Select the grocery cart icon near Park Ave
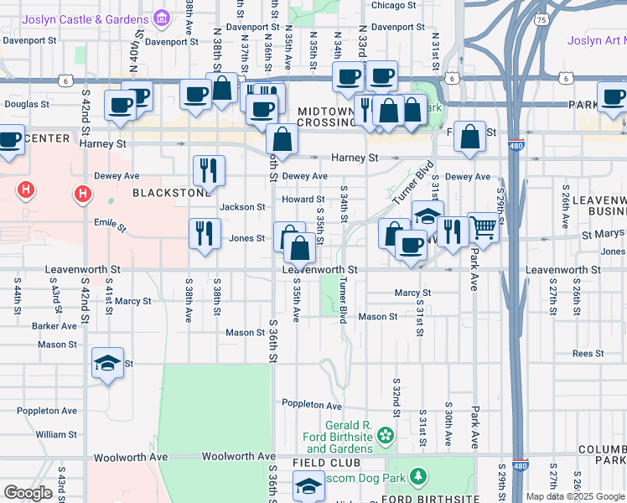(x=482, y=225)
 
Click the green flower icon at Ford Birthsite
(x=385, y=434)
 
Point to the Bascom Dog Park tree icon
(x=417, y=478)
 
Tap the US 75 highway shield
(x=542, y=19)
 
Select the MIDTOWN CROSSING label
(x=328, y=117)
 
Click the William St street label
(x=57, y=435)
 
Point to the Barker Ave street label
(x=54, y=326)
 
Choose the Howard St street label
(x=303, y=200)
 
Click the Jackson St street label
(x=242, y=207)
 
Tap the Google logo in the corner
(x=28, y=493)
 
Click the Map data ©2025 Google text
(x=575, y=496)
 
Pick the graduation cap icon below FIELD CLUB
(x=308, y=485)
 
